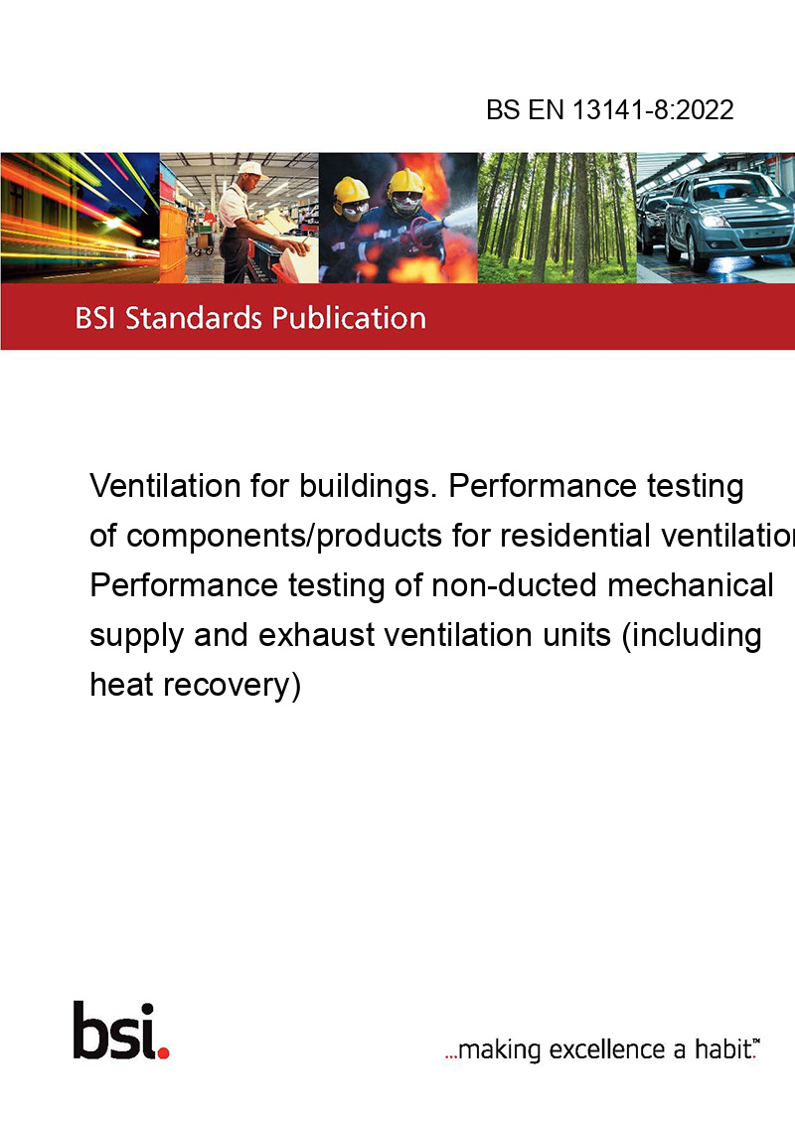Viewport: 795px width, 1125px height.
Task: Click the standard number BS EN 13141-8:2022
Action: click(610, 109)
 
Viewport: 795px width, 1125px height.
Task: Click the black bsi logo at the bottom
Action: click(115, 1031)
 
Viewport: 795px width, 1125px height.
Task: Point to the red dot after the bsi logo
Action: click(163, 1052)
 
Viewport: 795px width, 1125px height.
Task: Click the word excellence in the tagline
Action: click(608, 1049)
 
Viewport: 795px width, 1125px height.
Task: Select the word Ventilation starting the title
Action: click(165, 486)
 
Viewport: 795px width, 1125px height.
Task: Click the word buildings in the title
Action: click(366, 487)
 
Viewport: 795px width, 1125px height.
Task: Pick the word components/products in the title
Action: click(284, 537)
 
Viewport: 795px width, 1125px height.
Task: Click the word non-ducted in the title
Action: click(514, 585)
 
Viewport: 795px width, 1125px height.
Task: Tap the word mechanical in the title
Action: click(691, 585)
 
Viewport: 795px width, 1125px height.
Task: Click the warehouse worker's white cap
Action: click(250, 169)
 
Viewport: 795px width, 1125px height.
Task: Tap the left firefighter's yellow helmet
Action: click(351, 191)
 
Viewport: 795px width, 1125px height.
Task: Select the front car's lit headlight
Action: click(714, 221)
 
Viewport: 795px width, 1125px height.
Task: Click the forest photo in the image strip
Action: click(556, 218)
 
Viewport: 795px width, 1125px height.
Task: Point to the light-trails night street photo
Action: click(79, 218)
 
